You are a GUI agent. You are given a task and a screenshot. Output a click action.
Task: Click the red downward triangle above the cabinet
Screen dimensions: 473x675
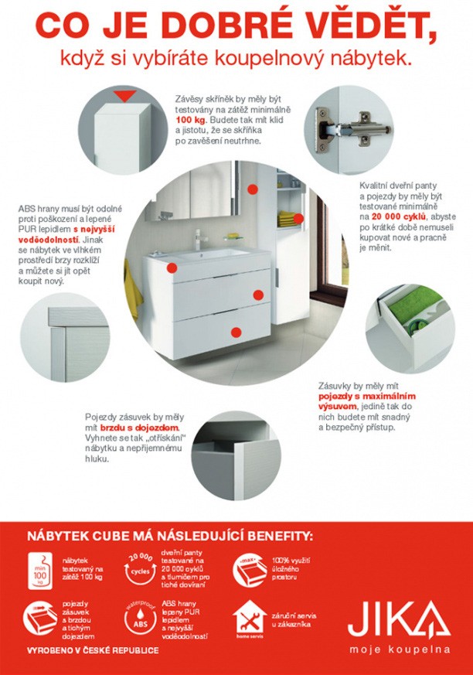point(124,96)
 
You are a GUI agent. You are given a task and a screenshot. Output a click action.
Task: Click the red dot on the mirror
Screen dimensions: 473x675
point(253,189)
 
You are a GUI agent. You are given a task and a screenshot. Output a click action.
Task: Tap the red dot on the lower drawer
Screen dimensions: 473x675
point(236,332)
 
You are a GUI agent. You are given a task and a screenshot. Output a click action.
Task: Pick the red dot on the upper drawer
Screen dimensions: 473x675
point(258,295)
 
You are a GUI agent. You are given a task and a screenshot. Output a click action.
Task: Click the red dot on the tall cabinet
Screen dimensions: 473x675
point(298,218)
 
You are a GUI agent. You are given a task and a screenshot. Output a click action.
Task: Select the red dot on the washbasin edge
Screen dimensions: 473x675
point(172,268)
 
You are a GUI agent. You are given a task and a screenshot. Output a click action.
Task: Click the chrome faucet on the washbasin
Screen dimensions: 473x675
point(198,239)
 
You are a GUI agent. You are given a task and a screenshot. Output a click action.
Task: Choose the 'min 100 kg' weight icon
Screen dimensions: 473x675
point(40,571)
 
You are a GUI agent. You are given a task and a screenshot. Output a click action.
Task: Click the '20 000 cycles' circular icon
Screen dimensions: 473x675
point(139,570)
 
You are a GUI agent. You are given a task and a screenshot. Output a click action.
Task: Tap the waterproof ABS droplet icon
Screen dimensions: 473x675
point(141,619)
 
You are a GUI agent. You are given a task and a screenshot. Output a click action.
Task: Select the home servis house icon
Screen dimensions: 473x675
point(250,619)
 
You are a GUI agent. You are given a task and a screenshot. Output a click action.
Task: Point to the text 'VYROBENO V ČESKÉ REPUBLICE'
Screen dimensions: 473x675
point(93,650)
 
